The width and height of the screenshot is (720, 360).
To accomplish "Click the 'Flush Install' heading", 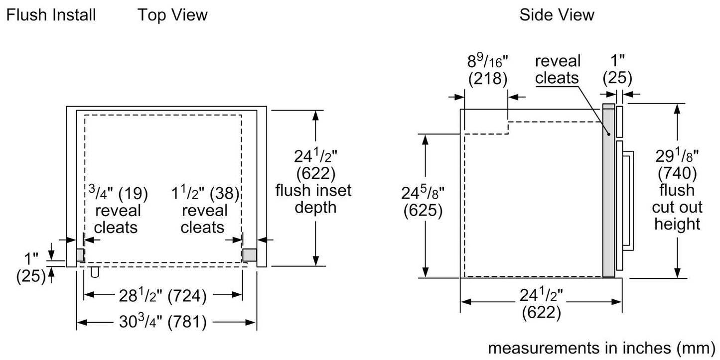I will coord(51,15).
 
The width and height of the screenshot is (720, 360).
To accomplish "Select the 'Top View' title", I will coord(172,15).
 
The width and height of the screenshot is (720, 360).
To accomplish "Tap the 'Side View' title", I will coord(557,15).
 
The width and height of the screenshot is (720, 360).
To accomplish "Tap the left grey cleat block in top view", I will coord(80,254).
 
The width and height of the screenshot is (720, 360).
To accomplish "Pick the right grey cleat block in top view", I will coord(249,254).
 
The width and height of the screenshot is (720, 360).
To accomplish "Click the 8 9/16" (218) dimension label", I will coord(487,70).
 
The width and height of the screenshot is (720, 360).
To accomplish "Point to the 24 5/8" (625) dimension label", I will coord(423,202).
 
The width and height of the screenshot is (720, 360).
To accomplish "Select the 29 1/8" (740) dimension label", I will coord(677,164).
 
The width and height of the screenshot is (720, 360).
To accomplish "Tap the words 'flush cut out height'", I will coord(677,207).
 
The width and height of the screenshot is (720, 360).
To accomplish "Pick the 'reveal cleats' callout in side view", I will coord(558,69).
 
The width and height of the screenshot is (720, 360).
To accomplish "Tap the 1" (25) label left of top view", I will coord(32,267).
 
